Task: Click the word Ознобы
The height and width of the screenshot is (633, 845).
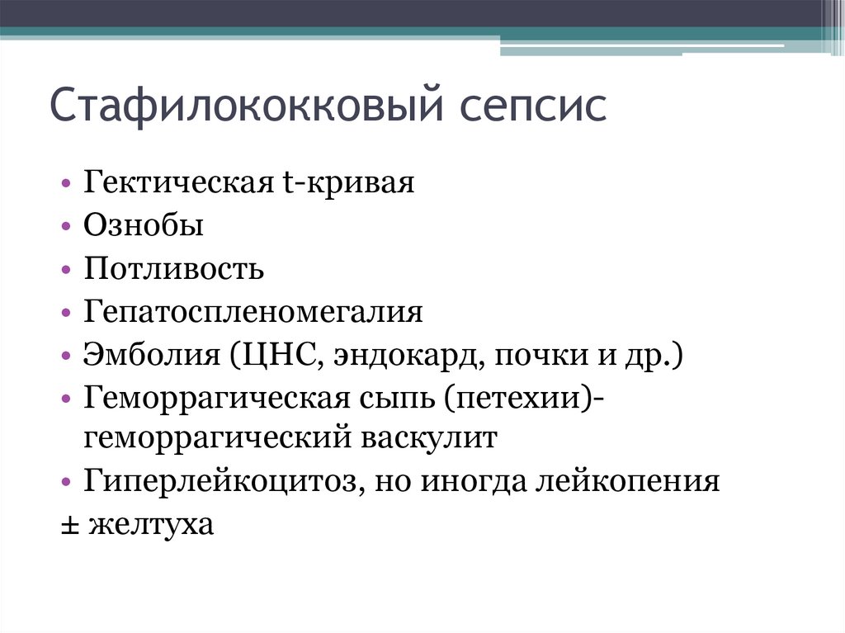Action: [143, 225]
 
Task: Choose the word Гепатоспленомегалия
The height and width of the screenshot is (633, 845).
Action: [253, 313]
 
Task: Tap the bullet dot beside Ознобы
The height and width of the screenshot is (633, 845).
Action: [66, 226]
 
